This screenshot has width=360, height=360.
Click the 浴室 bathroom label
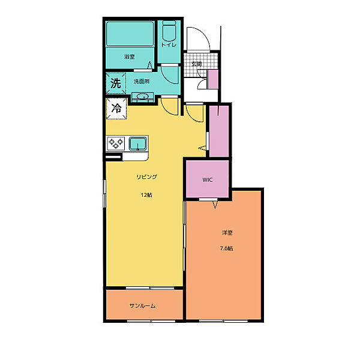[130, 56]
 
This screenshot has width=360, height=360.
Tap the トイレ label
[169, 45]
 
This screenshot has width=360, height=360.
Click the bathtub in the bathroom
[130, 34]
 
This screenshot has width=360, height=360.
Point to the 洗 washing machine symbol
[116, 83]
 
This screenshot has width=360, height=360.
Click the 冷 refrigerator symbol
[116, 109]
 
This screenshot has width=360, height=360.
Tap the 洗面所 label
[142, 81]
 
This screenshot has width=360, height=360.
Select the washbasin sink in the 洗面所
[142, 97]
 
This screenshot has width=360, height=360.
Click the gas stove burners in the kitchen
[116, 143]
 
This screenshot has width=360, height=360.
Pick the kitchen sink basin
[138, 144]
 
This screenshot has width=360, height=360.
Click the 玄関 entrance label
[197, 64]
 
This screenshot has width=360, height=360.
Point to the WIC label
[208, 180]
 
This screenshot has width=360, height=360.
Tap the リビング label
[147, 177]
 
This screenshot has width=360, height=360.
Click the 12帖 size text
[146, 195]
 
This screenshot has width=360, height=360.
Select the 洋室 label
[227, 233]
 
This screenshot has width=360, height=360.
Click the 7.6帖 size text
[227, 248]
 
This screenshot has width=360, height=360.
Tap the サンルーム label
[142, 306]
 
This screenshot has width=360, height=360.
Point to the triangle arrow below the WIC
[215, 205]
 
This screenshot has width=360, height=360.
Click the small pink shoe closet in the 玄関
[213, 79]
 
